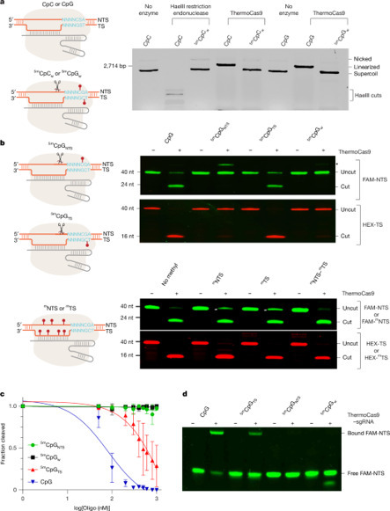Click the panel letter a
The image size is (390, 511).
(x=4, y=5)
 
